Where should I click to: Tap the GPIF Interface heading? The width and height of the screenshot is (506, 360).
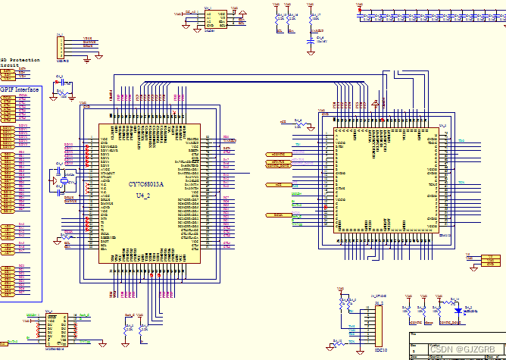click(19, 89)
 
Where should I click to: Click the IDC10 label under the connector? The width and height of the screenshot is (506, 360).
click(380, 349)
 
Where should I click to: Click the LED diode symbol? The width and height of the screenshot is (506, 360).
click(458, 310)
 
